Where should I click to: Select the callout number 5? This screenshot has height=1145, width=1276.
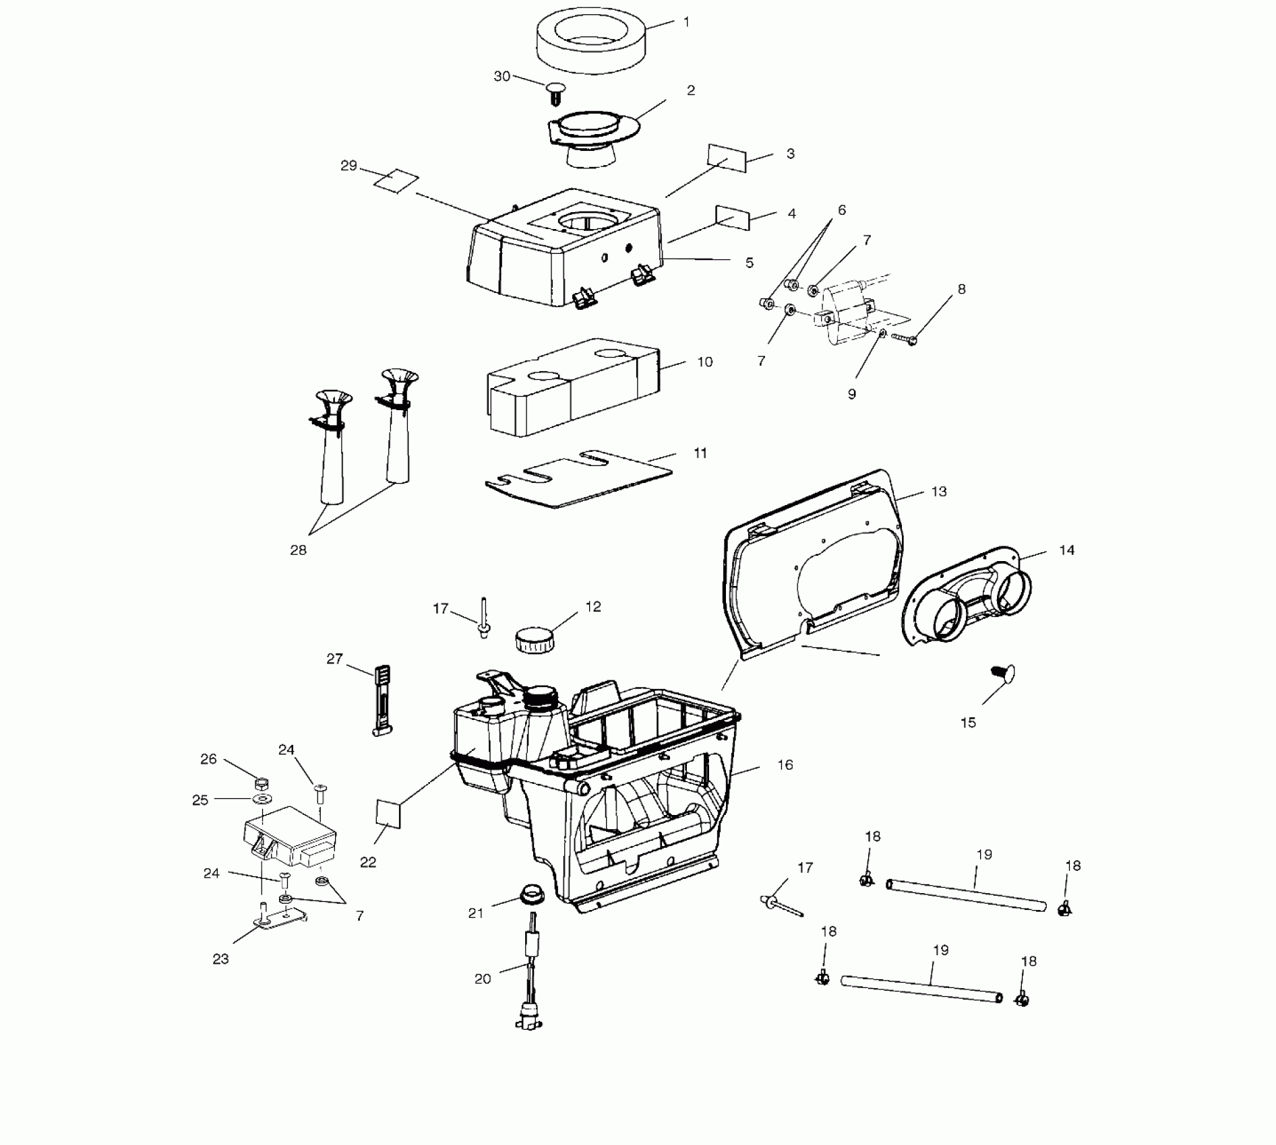tap(749, 263)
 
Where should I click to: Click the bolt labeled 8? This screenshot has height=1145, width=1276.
tap(904, 338)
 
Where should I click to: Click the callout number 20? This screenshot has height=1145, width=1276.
tap(483, 979)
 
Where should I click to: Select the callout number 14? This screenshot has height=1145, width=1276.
tap(1066, 550)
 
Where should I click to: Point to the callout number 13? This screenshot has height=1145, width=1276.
tap(939, 492)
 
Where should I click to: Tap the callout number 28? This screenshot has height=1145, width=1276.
tap(298, 550)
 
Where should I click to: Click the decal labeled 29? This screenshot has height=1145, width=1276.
tap(396, 181)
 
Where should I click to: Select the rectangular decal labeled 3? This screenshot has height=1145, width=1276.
tap(727, 158)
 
